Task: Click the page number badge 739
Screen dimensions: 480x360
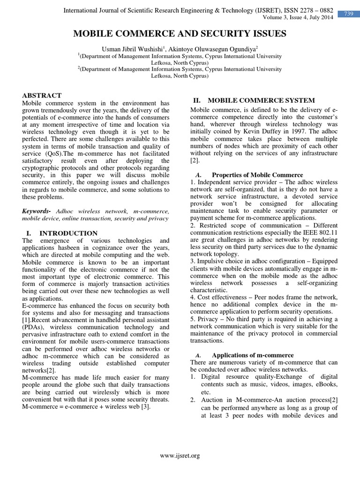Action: pyautogui.click(x=349, y=14)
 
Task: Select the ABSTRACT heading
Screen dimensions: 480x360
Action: pyautogui.click(x=42, y=95)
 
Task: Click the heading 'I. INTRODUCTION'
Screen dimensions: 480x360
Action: pyautogui.click(x=60, y=233)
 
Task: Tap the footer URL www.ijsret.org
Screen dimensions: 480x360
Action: pyautogui.click(x=180, y=455)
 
